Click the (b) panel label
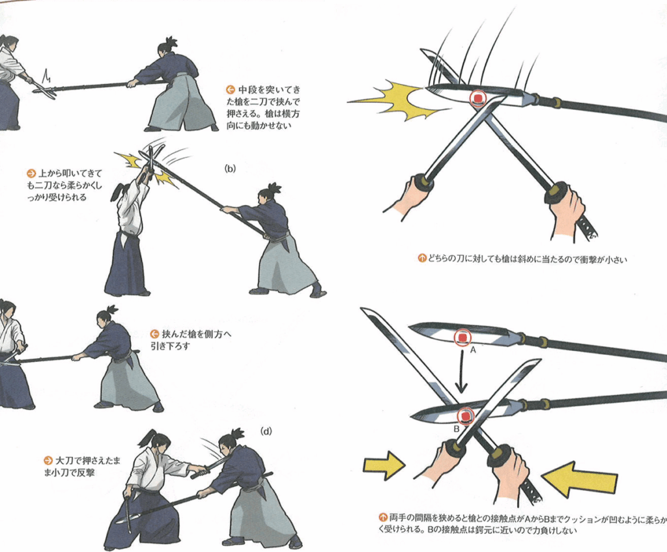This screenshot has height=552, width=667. coord(230,169)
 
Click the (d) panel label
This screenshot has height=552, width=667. coord(266,431)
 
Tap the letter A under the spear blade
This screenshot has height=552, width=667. coord(473,350)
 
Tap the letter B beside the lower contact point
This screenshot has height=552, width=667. coord(457,428)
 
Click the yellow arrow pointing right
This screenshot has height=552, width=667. coord(384,465)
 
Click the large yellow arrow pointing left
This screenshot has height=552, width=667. coord(580,479)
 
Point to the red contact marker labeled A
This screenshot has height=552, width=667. coord(462,338)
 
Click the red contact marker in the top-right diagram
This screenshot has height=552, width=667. coord(478,99)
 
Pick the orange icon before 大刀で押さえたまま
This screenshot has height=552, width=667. coord(48,461)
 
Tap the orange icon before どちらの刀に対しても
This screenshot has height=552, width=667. coord(422,258)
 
